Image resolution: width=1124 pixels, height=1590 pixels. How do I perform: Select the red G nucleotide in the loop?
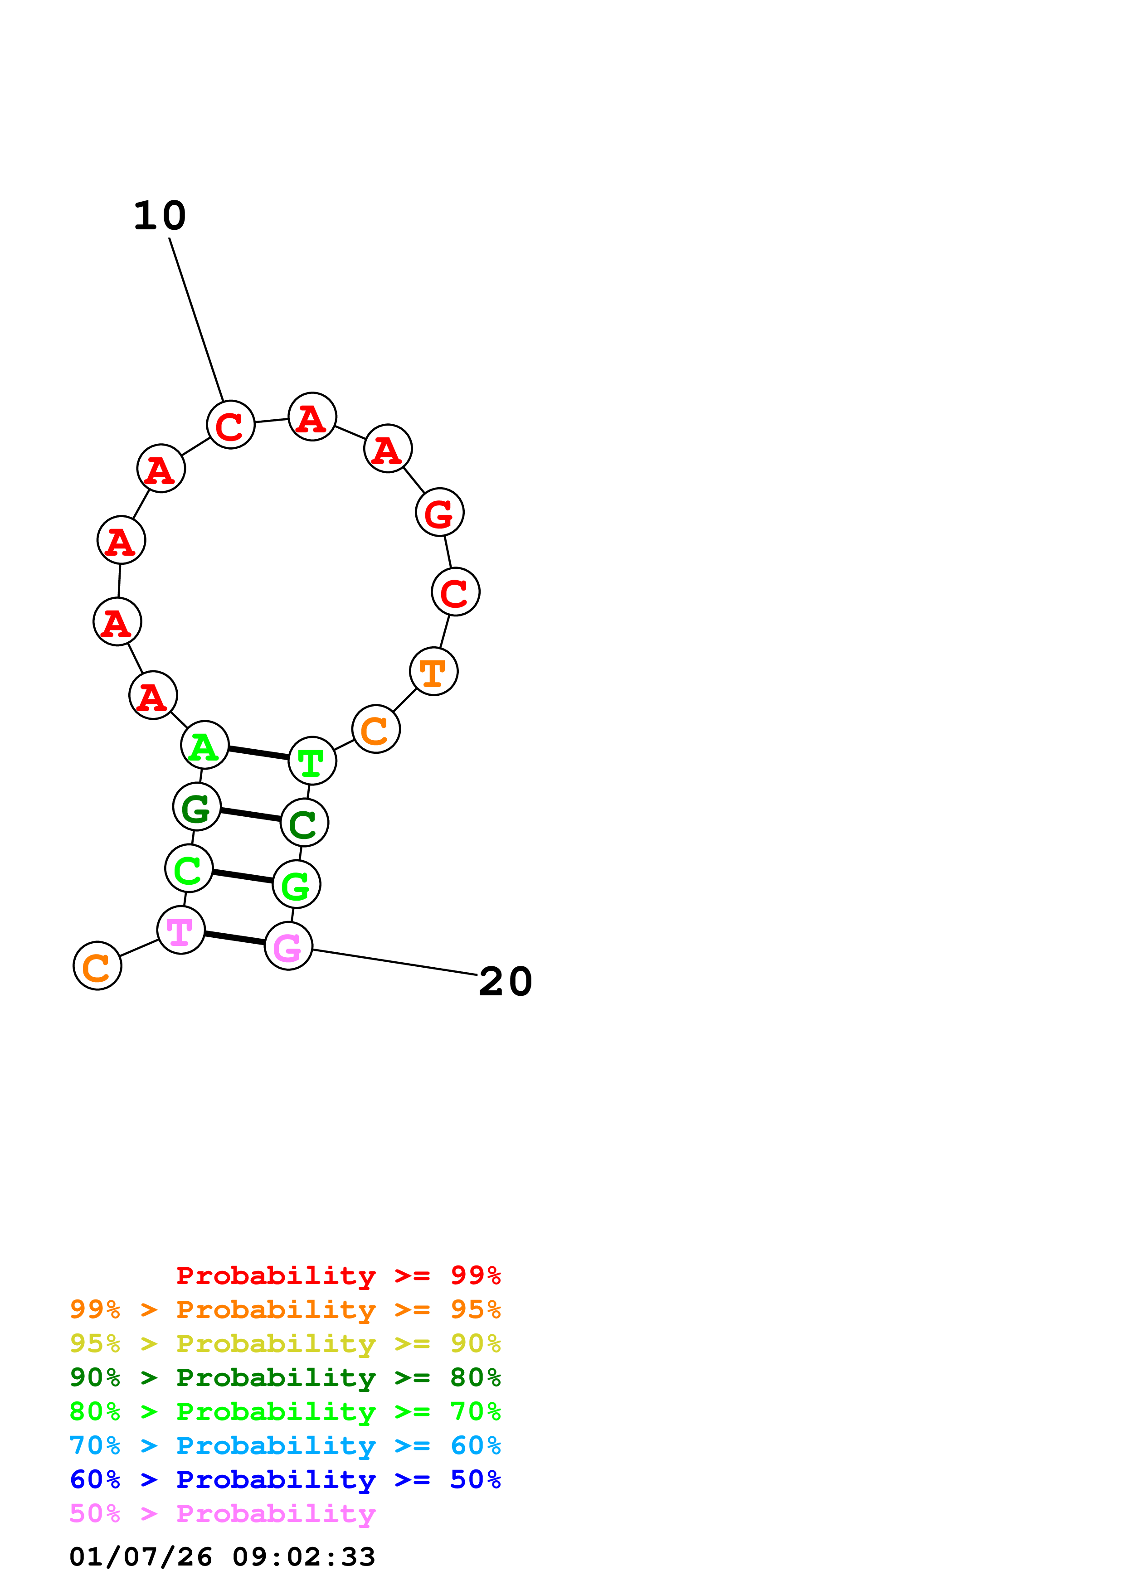click(439, 513)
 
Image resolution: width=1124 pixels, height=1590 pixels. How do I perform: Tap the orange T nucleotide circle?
click(433, 671)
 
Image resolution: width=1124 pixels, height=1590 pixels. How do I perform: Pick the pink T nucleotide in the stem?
click(181, 930)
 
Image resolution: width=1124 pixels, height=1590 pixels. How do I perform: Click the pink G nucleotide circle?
click(288, 946)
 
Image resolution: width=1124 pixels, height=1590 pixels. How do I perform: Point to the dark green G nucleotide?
click(197, 807)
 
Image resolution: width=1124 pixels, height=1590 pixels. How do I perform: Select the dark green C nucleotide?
click(304, 823)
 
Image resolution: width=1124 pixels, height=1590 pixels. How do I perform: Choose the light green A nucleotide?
click(204, 745)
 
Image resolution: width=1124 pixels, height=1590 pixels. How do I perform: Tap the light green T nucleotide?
click(312, 761)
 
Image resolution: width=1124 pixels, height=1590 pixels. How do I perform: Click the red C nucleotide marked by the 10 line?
click(231, 425)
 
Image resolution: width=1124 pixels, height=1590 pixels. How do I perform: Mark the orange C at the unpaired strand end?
click(97, 965)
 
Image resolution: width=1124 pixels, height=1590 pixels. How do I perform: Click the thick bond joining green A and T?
click(258, 753)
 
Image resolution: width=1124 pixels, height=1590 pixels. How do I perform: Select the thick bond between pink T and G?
click(235, 938)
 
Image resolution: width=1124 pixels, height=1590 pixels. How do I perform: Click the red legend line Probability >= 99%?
click(339, 1275)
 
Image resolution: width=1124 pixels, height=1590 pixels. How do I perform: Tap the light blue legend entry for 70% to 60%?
click(285, 1445)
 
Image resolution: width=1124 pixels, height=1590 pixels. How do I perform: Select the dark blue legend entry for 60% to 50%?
click(285, 1479)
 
